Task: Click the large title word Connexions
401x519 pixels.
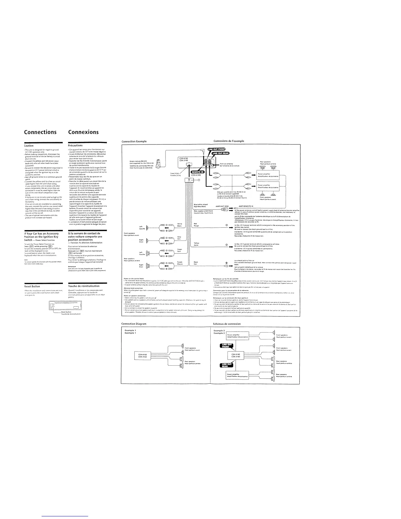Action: click(83, 132)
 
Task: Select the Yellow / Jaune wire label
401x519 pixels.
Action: click(197, 244)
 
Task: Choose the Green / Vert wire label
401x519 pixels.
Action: click(180, 250)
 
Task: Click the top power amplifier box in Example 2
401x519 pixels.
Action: click(237, 336)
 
